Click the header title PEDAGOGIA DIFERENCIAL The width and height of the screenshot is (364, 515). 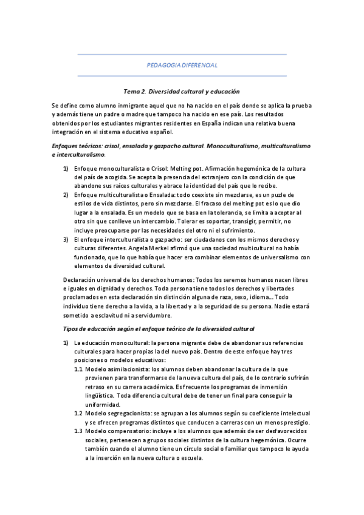click(182, 65)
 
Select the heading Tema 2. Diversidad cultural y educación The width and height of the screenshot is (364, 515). click(182, 91)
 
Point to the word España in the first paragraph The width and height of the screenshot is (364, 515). click(216, 123)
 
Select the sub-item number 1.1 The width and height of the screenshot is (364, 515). click(78, 369)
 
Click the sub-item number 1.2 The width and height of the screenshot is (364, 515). click(78, 414)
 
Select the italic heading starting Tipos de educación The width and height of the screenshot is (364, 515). click(159, 328)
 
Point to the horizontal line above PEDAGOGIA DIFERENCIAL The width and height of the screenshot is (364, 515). click(182, 55)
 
